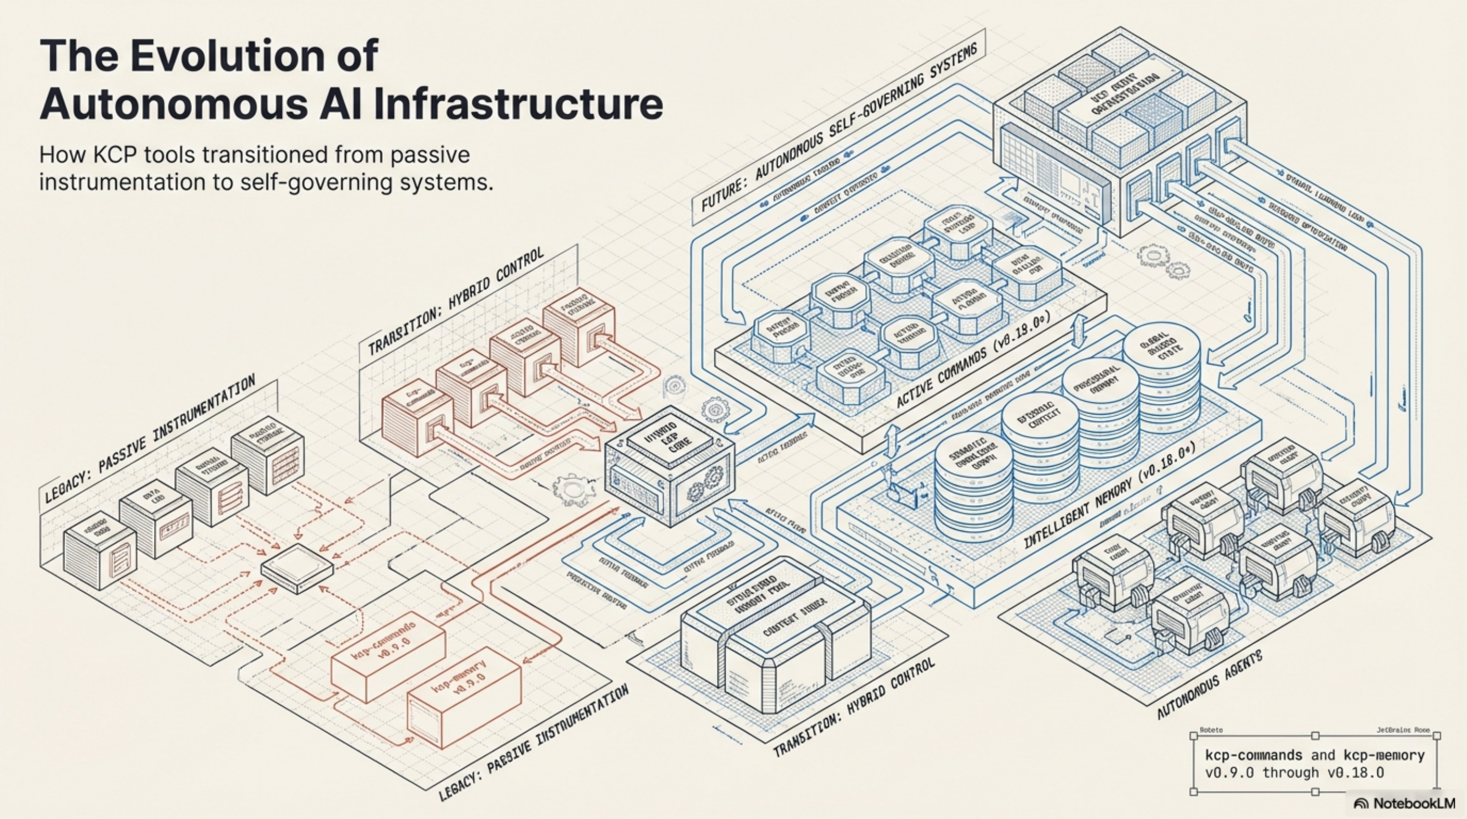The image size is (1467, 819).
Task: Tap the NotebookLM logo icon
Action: coord(1361,804)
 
